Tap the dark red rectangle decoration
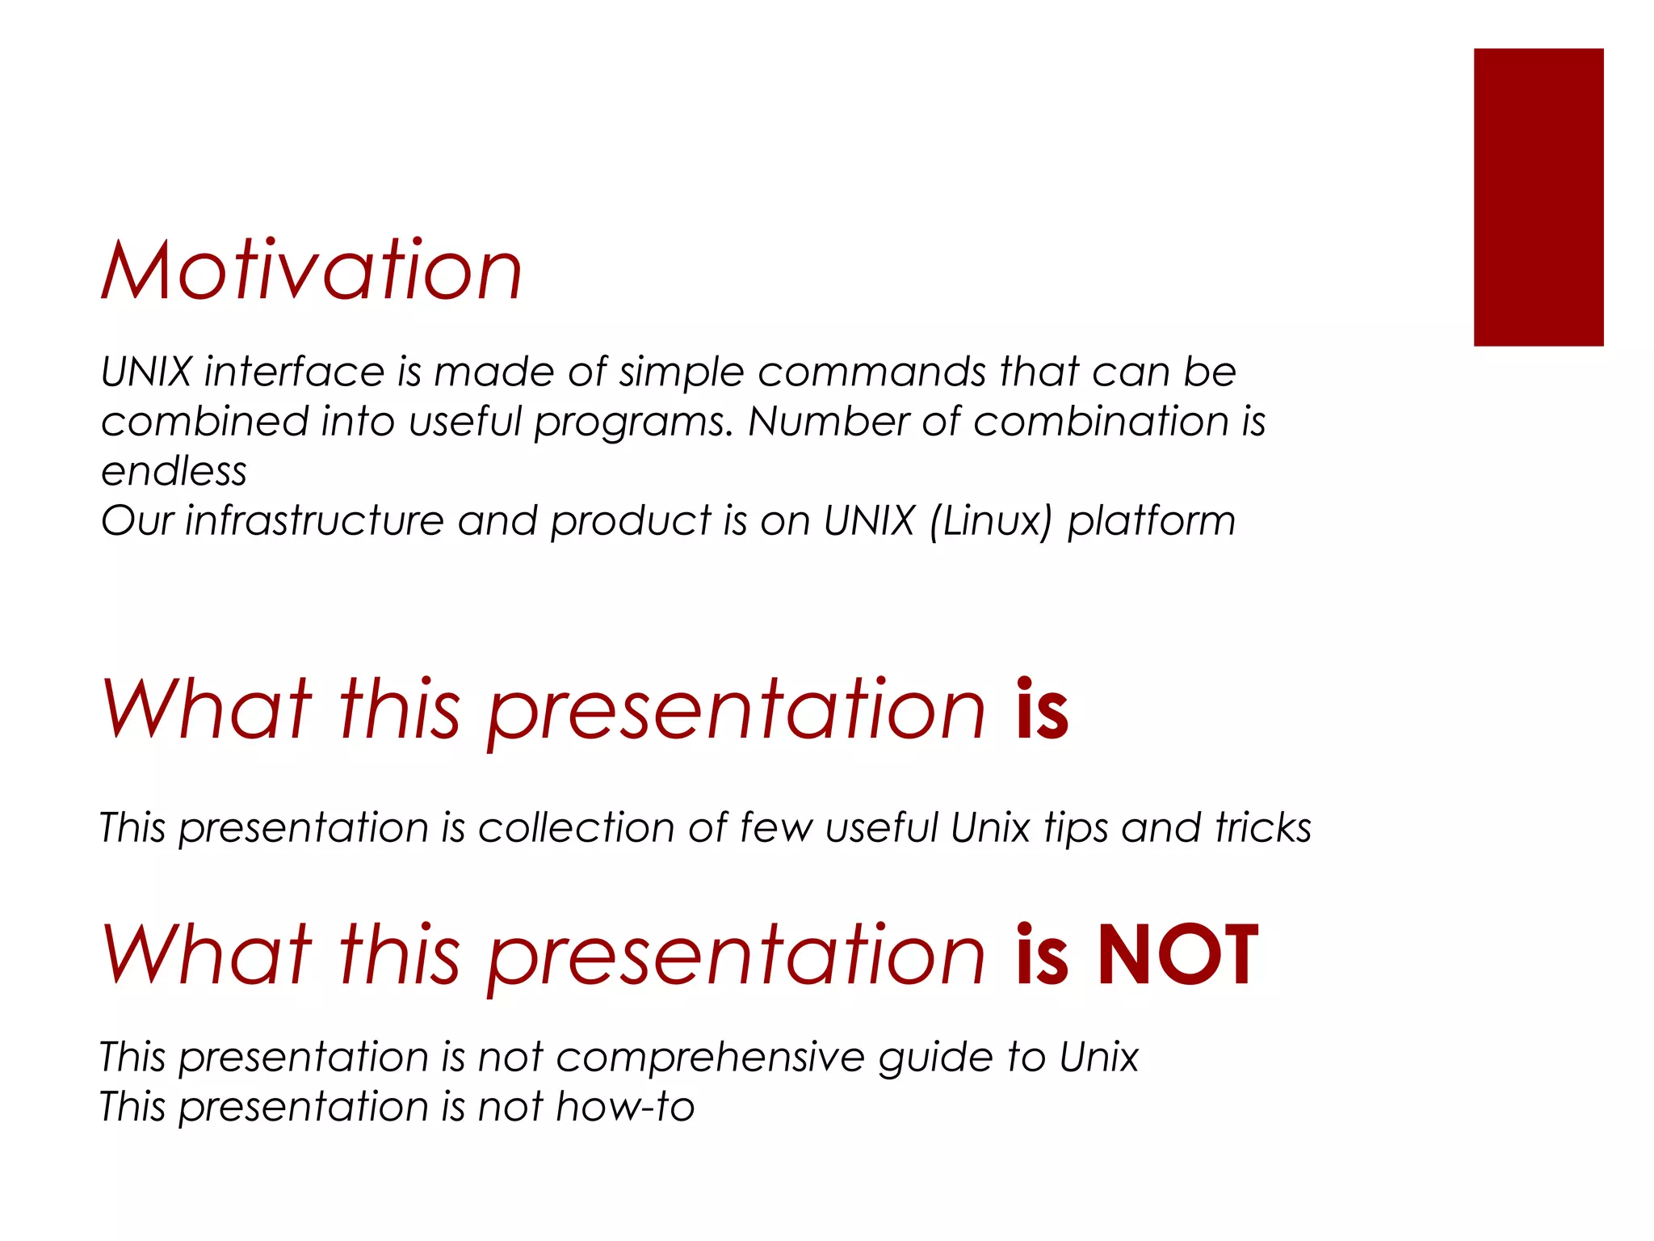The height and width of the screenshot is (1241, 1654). coord(1538,197)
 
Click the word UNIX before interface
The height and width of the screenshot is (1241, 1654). coord(146,372)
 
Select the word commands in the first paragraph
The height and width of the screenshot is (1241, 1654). coord(872,372)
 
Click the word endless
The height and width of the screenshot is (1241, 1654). coord(174,472)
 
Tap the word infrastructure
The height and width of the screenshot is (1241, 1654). coord(315,521)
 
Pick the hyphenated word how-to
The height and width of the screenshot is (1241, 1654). coord(625,1107)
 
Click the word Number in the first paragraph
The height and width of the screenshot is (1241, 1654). coord(828,422)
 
